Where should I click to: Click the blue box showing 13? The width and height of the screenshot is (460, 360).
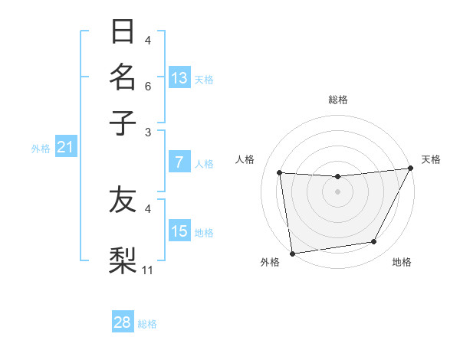[x=179, y=78]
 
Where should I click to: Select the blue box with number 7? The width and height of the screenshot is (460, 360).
[x=179, y=162]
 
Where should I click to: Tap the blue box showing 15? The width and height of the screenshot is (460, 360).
[x=179, y=231]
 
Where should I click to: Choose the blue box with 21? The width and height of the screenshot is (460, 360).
[x=64, y=147]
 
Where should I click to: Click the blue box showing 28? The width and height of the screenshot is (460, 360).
[x=123, y=322]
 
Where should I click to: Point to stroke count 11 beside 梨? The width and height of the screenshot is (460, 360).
[x=148, y=269]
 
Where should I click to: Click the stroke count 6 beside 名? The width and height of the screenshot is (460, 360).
[x=148, y=87]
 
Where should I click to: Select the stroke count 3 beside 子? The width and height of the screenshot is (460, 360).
[x=148, y=132]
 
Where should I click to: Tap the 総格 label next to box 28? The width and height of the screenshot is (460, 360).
[x=147, y=324]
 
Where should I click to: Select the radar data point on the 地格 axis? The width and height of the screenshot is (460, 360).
[x=374, y=242]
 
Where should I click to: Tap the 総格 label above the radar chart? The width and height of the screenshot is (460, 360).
[x=338, y=100]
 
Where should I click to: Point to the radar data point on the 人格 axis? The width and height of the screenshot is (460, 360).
[x=280, y=173]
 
